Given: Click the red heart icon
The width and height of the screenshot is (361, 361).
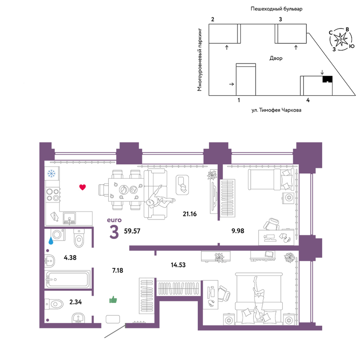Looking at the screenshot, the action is (x=82, y=187).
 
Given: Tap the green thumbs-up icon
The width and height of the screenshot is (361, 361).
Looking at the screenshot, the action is (x=113, y=300).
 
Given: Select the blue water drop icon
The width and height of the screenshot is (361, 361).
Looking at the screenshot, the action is (x=51, y=241).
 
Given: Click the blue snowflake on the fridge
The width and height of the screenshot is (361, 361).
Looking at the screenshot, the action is (x=51, y=173).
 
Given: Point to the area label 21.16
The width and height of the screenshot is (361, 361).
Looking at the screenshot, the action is (x=190, y=214).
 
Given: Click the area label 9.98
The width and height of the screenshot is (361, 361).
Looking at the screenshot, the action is (x=238, y=231).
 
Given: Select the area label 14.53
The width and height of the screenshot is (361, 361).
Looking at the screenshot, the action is (x=178, y=265).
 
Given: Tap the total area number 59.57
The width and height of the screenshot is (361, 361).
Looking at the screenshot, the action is (x=132, y=231).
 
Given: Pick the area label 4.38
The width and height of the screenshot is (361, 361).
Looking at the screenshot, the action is (x=70, y=258).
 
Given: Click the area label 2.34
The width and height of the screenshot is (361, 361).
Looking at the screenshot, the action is (x=75, y=302).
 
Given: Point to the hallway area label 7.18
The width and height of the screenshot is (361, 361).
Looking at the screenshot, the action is (x=118, y=270).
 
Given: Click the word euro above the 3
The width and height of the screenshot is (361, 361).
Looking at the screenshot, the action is (x=114, y=220).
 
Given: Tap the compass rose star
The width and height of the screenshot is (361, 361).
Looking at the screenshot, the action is (x=341, y=39).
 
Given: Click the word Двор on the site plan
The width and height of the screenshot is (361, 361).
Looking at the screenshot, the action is (x=276, y=58).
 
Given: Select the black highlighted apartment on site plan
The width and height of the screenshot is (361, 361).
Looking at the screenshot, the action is (x=327, y=79).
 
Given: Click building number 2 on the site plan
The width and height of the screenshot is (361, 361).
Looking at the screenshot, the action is (x=213, y=19).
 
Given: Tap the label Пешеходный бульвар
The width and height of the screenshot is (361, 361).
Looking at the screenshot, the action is (x=277, y=9).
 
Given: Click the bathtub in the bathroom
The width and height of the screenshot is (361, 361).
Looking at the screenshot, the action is (x=68, y=279).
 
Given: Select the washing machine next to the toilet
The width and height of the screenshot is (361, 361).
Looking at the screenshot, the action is (x=58, y=235).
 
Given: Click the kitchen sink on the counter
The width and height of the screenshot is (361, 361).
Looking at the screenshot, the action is (x=69, y=218).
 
